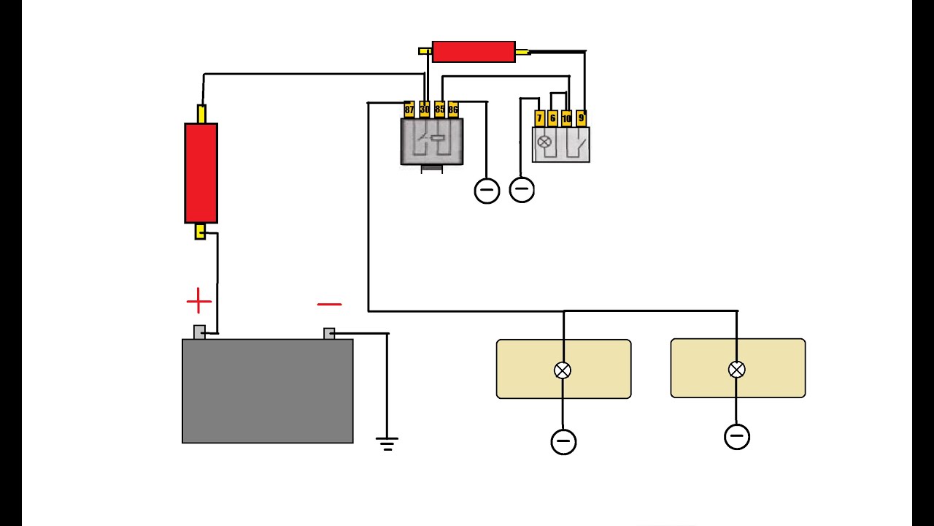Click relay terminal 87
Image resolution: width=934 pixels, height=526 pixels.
pos(409,110)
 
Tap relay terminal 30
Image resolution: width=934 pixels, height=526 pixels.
pos(425,110)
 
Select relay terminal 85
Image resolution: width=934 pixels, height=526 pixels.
pos(439,110)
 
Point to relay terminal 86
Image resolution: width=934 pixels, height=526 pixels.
pos(453,110)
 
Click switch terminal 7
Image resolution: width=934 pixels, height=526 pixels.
pos(539,118)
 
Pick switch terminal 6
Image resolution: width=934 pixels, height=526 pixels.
pos(552,118)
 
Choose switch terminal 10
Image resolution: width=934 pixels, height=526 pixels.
pos(566,118)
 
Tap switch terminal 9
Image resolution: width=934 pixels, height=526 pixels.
pos(582,118)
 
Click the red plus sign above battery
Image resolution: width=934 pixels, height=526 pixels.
pos(199,300)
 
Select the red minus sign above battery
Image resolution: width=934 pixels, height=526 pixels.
pos(329,305)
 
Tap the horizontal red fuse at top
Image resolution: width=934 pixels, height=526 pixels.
pos(474,52)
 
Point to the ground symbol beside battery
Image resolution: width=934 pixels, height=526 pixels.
pos(387,444)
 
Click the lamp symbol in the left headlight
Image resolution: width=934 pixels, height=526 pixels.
pos(563,370)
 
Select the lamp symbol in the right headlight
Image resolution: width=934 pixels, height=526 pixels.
pos(737,370)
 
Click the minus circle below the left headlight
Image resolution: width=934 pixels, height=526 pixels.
pos(564,442)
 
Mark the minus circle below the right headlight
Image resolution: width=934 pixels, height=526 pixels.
pos(737,437)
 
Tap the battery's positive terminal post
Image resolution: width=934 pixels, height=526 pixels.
pos(200,332)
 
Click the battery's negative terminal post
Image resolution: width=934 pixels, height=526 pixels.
pos(329,334)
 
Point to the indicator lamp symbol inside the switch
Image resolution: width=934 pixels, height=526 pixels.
pos(544,142)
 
